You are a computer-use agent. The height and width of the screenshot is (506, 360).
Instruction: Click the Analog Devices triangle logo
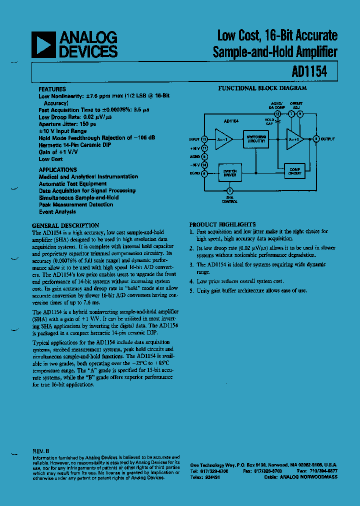click(x=43, y=44)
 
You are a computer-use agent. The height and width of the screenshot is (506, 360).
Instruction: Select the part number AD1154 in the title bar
click(x=309, y=71)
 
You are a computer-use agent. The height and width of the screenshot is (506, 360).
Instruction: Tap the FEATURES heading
click(x=52, y=88)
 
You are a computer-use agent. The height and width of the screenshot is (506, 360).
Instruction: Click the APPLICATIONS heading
click(x=58, y=169)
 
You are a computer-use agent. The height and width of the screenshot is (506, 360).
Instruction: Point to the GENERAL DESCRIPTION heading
click(x=65, y=225)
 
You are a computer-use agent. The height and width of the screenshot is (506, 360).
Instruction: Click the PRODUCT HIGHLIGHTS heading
click(x=222, y=224)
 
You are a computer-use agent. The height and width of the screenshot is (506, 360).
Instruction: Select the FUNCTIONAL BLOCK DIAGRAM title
click(x=262, y=88)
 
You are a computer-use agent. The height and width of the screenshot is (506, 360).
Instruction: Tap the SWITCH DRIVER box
click(x=230, y=172)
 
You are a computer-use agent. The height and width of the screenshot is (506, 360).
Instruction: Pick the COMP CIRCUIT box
click(x=294, y=171)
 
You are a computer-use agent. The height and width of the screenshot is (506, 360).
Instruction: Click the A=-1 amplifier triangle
click(x=222, y=139)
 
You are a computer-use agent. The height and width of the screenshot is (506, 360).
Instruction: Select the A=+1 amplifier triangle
click(x=294, y=139)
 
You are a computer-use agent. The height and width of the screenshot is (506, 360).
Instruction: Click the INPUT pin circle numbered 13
click(x=204, y=139)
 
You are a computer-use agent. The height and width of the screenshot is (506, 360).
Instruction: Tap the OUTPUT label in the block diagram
click(x=327, y=139)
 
